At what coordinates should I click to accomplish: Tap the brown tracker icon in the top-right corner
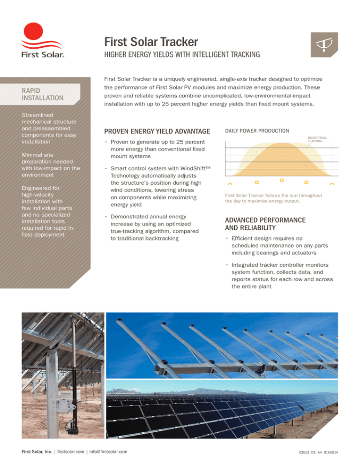[323, 45]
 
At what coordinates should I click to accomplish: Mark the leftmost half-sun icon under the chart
[230, 183]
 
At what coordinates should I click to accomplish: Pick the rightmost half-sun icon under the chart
[332, 183]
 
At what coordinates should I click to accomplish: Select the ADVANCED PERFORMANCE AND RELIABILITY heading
[265, 224]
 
